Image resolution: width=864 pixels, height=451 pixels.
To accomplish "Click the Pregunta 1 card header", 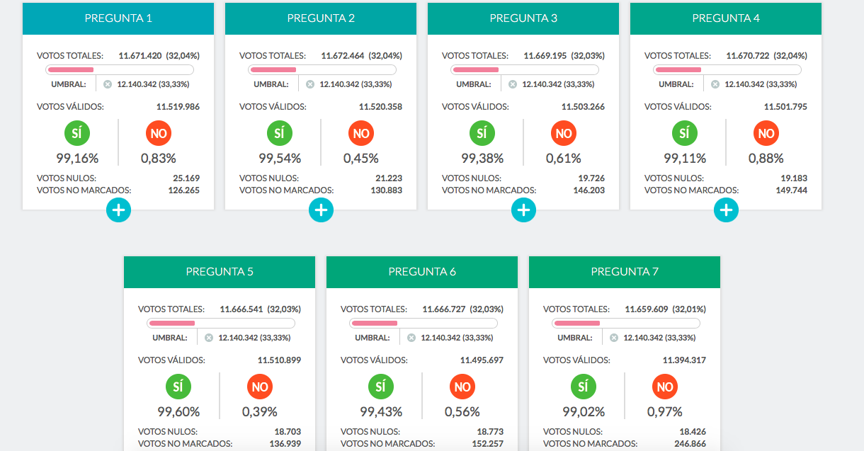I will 118,18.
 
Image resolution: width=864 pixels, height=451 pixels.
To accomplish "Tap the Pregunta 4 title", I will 726,18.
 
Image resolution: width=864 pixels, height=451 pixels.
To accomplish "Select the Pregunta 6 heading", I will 422,272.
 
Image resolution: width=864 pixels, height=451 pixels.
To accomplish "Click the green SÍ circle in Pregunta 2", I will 280,133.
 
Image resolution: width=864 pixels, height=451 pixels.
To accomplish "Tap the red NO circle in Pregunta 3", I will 564,133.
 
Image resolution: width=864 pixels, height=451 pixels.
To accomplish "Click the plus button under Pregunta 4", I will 726,210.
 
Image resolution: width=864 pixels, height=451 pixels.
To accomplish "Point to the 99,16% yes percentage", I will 77,159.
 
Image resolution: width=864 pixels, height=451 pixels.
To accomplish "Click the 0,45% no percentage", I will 361,159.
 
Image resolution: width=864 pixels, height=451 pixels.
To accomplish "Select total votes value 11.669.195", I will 545,56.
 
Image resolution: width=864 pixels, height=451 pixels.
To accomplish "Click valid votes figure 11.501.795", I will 785,107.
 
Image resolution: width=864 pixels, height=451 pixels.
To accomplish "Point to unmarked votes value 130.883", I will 387,190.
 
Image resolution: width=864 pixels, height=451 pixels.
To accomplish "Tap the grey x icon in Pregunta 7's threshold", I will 614,338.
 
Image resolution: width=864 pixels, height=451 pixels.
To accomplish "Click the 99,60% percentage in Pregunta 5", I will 178,412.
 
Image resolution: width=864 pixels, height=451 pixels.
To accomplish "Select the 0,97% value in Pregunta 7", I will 665,412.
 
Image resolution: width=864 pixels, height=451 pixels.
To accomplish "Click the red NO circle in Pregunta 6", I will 462,387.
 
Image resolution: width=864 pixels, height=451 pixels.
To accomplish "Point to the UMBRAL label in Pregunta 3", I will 474,84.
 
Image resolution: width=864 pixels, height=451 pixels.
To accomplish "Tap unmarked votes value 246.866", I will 690,444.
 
